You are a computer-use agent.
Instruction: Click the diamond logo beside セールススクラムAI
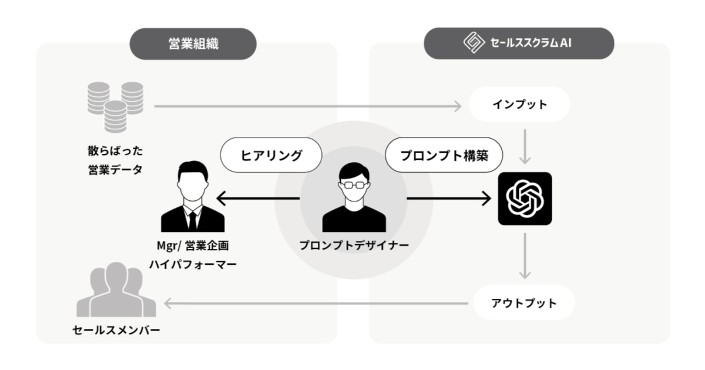473,43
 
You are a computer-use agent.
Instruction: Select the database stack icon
115,106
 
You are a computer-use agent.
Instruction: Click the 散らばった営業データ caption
115,160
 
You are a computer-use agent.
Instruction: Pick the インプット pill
519,105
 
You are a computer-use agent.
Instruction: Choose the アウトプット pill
523,303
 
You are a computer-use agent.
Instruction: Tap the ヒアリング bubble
271,155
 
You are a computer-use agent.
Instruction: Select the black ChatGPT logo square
525,199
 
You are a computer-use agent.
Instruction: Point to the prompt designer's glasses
354,184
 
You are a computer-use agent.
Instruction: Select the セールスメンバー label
116,330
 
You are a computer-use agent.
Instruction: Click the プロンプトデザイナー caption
354,245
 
